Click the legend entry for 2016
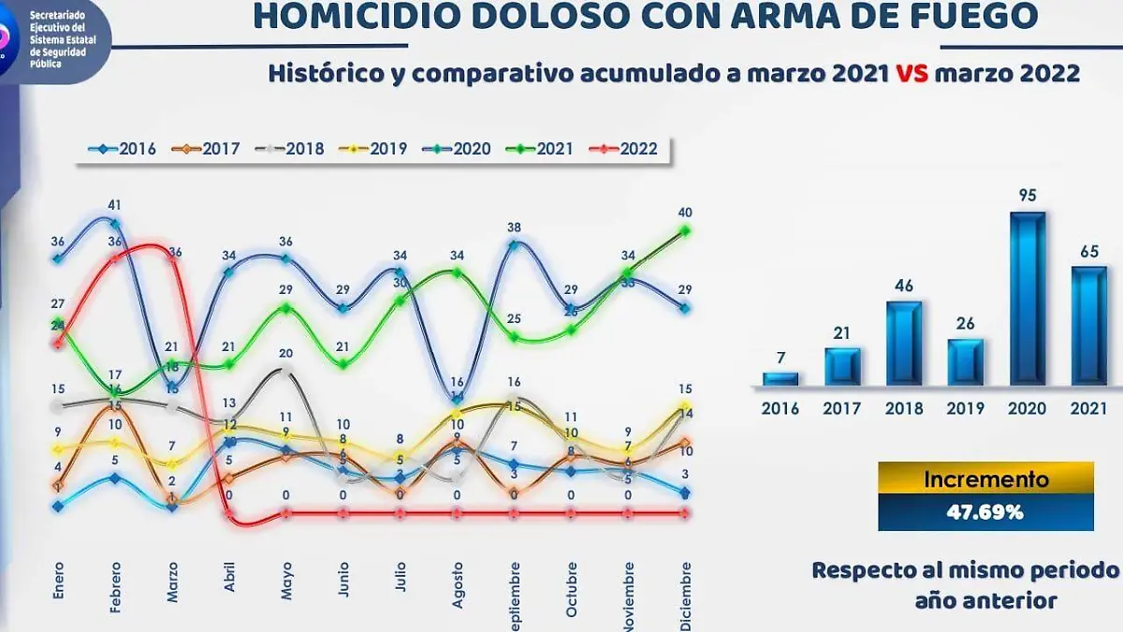(x=122, y=149)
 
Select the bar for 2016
(x=780, y=378)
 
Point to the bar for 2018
(x=904, y=343)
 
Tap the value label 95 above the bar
(x=1028, y=197)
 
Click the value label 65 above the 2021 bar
(x=1089, y=251)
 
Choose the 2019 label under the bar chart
(x=966, y=408)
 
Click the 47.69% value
(x=985, y=513)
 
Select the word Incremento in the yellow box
(x=985, y=479)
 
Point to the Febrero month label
(x=115, y=586)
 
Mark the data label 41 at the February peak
(x=115, y=204)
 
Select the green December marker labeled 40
(x=685, y=230)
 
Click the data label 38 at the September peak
(x=514, y=227)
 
